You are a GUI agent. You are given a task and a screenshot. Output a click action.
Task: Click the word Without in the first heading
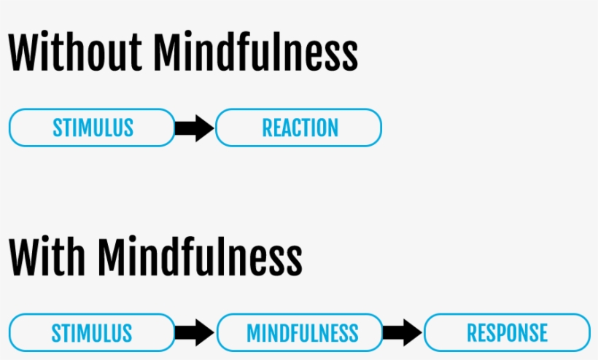click(x=75, y=52)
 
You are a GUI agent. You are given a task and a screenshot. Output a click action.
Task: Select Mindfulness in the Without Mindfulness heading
click(x=255, y=52)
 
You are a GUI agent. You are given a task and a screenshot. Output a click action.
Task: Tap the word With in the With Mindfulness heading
click(x=47, y=256)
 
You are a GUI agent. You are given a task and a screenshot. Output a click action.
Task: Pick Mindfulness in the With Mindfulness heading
click(x=200, y=256)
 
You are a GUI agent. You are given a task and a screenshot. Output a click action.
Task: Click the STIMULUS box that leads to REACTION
click(x=92, y=128)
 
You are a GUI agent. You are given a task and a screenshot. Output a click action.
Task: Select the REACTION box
click(x=298, y=128)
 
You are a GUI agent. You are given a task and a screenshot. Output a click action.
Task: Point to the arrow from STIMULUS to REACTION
click(x=195, y=128)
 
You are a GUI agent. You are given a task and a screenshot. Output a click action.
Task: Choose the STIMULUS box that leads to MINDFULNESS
click(x=92, y=332)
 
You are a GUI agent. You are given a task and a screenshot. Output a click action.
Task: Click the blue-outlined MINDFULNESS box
click(x=300, y=332)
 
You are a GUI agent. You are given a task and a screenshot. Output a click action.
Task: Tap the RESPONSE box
click(x=508, y=332)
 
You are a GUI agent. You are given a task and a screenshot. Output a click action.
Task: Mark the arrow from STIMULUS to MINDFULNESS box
click(x=195, y=332)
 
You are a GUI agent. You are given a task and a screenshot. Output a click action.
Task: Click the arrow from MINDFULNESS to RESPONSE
click(x=403, y=332)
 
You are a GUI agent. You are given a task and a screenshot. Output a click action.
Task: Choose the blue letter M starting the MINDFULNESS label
click(x=254, y=333)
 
